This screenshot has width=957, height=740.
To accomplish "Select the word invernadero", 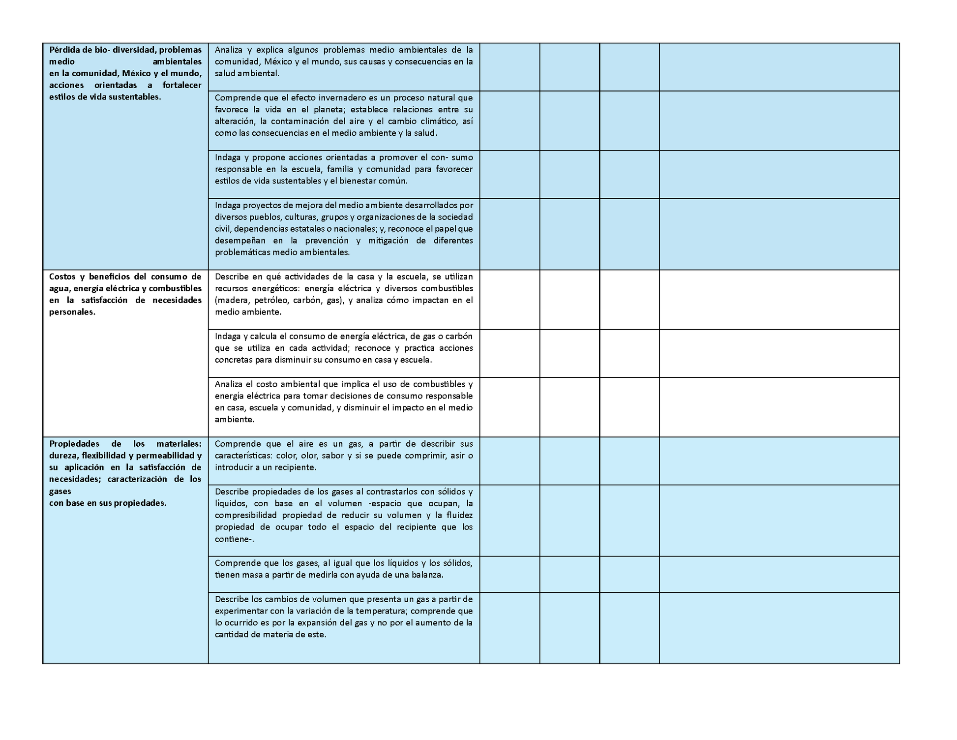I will point(340,97).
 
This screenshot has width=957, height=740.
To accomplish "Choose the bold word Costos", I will point(62,277).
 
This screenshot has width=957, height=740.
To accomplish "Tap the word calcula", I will point(263,336).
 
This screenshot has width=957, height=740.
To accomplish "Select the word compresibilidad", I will point(246,515).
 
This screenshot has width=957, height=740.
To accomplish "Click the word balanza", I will point(427,575).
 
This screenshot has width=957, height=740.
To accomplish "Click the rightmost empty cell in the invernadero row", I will point(779,121).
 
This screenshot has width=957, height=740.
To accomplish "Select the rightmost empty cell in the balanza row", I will point(779,574).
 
